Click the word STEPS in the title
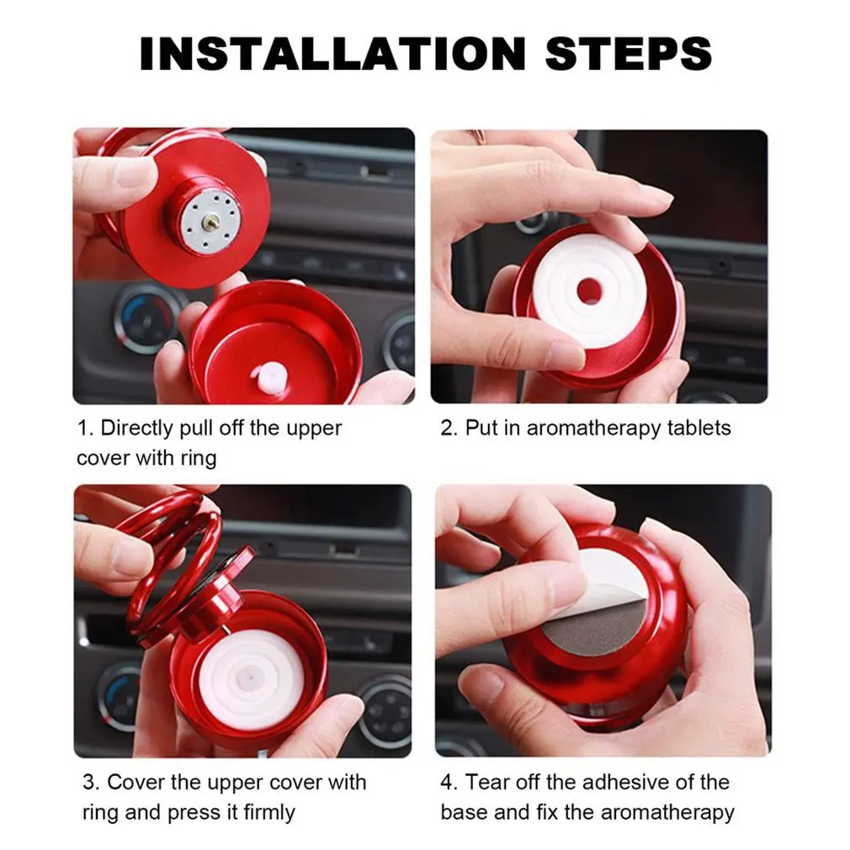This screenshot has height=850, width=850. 628,54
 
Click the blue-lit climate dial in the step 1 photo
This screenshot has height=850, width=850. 145,318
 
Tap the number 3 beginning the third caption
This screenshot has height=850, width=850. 88,783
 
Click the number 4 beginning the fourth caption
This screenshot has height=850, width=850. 447,783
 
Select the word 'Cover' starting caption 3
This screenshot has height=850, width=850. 137,783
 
